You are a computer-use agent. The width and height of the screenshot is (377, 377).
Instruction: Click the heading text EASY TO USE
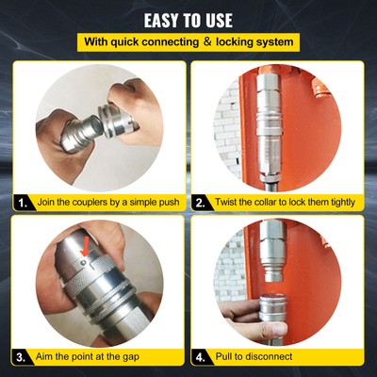[x=188, y=18]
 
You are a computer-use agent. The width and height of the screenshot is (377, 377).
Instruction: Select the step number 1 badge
[x=21, y=202]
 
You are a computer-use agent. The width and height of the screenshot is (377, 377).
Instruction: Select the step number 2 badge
[x=200, y=202]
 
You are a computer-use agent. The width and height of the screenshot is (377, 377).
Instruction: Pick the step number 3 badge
[x=21, y=357]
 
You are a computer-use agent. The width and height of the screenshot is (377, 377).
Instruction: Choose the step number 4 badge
[x=200, y=357]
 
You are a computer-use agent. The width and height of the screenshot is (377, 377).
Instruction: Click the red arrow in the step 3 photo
[x=87, y=247]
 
